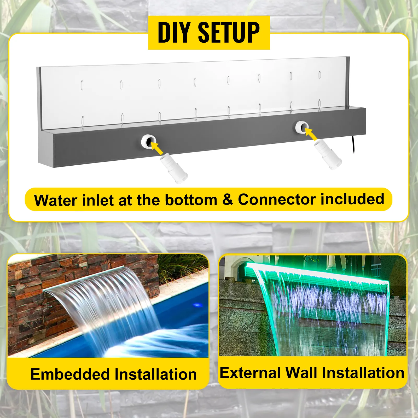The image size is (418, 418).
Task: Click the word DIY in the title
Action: pos(173,32)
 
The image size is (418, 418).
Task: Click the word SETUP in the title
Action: pos(229,32)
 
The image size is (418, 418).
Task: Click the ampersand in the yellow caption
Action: pos(228,200)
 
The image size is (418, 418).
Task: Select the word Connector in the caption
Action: pos(277,200)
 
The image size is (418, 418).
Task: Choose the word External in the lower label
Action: pos(250,373)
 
